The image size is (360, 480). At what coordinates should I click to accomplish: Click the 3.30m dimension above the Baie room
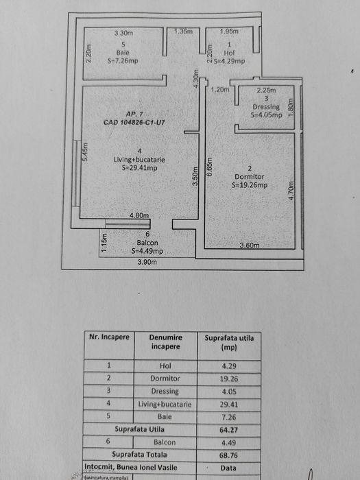pos(123,32)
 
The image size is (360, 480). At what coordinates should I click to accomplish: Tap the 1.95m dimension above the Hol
pos(230,32)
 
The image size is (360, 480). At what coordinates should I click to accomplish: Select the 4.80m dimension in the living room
pos(139,216)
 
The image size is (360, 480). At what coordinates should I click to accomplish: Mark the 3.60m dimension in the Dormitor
pos(252,245)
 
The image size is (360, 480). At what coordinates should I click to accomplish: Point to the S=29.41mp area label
pos(139,168)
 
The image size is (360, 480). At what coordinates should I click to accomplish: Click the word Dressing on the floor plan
pos(266,108)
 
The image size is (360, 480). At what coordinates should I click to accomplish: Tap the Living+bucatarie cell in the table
pos(165,405)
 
